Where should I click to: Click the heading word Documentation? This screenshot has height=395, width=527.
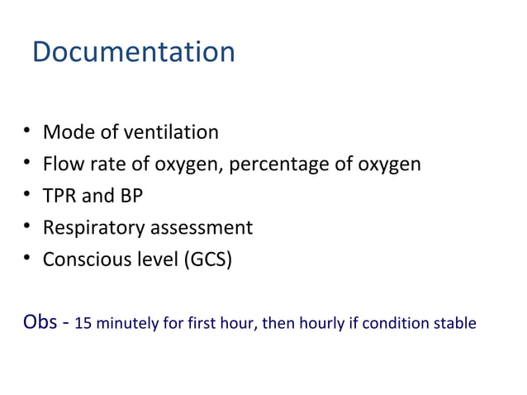click(x=134, y=52)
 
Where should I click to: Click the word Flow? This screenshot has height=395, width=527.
click(x=62, y=164)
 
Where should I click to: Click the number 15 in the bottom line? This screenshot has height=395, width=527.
click(x=82, y=323)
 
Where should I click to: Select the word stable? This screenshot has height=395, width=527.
click(x=456, y=323)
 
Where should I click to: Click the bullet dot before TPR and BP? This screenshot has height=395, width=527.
click(x=28, y=194)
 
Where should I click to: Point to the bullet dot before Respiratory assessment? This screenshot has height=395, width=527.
click(x=28, y=226)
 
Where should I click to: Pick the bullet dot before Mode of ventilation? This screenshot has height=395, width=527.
click(x=28, y=131)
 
